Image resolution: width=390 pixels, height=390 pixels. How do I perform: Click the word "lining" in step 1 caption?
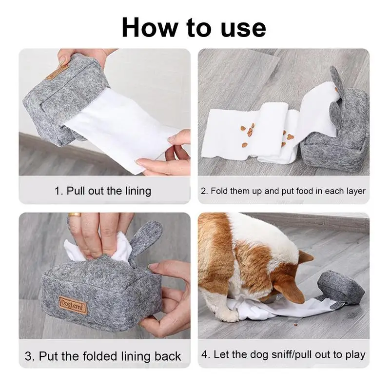(x=138, y=191)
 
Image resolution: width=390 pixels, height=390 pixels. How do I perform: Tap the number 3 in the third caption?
(x=28, y=356)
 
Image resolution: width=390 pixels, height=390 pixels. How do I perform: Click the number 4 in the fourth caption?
(x=205, y=354)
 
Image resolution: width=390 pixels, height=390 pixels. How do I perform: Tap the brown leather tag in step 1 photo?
(x=58, y=72)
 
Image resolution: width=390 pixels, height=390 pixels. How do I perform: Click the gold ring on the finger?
(x=75, y=214)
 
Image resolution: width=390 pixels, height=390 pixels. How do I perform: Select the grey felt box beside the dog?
(x=340, y=286)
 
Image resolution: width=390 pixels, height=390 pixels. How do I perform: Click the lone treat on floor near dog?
(x=295, y=325)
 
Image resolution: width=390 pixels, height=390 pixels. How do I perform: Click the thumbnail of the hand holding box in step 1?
(x=62, y=59)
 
